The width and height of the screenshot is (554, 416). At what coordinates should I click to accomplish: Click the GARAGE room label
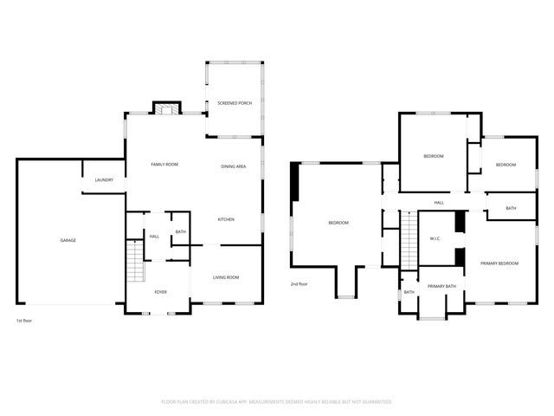pos(68,240)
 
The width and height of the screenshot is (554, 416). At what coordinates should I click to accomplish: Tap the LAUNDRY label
pos(104,180)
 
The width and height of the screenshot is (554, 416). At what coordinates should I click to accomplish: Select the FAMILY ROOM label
pos(164,164)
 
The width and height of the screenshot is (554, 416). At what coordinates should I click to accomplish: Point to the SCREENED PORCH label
pos(234,103)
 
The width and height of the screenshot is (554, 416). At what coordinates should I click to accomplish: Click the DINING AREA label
pos(234,166)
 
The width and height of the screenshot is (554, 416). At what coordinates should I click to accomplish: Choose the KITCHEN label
pos(226,219)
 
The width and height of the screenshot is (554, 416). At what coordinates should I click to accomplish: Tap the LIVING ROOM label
pos(226,277)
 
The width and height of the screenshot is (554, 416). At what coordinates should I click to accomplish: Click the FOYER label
pos(161,292)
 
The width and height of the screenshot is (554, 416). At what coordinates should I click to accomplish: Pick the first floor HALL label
pos(154,237)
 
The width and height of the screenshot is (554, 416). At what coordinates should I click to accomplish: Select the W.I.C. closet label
pos(436,239)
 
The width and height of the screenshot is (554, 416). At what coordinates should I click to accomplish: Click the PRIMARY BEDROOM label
pos(499,263)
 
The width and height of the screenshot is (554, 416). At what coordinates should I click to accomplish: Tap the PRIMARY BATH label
pos(441,286)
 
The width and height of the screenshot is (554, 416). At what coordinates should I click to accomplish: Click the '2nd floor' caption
pos(299,283)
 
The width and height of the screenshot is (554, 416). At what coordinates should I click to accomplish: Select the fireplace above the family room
pos(168,109)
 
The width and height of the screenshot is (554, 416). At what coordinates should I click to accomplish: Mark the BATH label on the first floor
pos(180,231)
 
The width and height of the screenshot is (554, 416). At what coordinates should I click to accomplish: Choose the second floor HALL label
pos(439,203)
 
